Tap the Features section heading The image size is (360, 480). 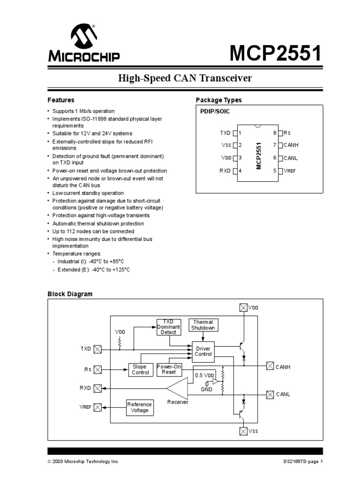coord(61,100)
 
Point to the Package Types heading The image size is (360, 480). coord(218,100)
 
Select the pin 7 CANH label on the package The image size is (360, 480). coord(291,146)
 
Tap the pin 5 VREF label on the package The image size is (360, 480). coord(290,171)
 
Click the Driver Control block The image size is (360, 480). coord(203,351)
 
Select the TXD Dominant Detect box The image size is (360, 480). coord(168,327)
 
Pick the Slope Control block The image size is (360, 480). coord(140,369)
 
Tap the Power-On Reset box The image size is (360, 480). coord(169,369)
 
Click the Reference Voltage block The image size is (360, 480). coord(139,407)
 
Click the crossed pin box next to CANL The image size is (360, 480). coord(270,394)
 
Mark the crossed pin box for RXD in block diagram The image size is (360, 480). coord(97,388)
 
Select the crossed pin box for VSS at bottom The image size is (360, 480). coord(243,431)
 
